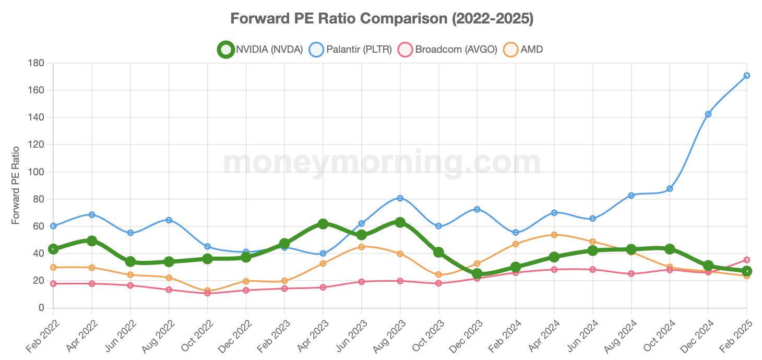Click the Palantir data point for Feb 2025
tap(746, 76)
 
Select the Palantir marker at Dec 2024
tap(708, 114)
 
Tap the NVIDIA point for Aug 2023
tap(400, 222)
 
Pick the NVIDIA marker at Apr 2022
tap(92, 241)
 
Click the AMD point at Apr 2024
tap(554, 235)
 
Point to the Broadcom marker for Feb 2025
tap(746, 260)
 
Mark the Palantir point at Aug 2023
tap(400, 198)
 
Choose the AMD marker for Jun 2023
tap(361, 247)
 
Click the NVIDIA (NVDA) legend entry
tap(261, 50)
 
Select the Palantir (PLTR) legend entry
tap(351, 50)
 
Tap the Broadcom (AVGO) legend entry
tap(448, 50)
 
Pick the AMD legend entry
tap(523, 50)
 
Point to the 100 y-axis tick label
tap(37, 172)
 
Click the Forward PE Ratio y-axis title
tap(16, 185)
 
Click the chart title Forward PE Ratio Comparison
tap(382, 19)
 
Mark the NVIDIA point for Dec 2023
tap(477, 273)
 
